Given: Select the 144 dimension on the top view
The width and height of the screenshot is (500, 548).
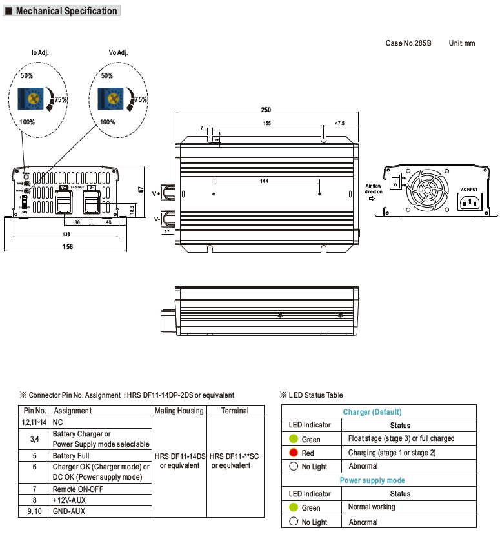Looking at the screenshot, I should pyautogui.click(x=264, y=181).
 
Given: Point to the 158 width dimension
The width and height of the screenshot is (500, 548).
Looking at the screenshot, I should pyautogui.click(x=67, y=246).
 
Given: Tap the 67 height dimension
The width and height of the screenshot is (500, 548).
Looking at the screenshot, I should pyautogui.click(x=140, y=190).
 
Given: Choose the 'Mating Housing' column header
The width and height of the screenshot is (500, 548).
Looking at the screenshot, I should pyautogui.click(x=179, y=411).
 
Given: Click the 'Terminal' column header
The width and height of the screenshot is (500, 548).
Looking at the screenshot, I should pyautogui.click(x=235, y=411).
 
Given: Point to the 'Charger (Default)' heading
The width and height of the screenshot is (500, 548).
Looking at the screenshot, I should pyautogui.click(x=372, y=412).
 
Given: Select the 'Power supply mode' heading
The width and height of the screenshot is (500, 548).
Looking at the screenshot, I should pyautogui.click(x=372, y=480).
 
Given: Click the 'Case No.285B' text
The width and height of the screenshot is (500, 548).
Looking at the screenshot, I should pyautogui.click(x=408, y=43).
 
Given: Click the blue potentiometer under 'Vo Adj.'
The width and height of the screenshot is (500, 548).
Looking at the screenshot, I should pyautogui.click(x=112, y=99).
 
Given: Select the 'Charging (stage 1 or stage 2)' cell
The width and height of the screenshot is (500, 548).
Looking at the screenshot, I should pyautogui.click(x=392, y=453).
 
